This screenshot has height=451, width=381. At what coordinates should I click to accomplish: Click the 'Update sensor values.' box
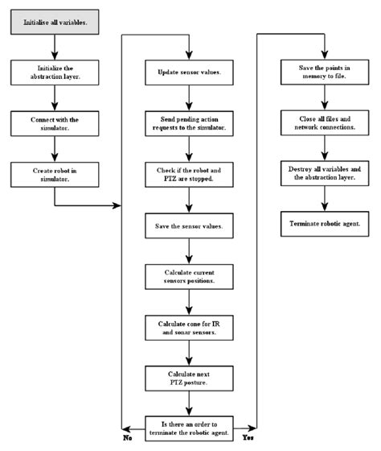tap(189, 74)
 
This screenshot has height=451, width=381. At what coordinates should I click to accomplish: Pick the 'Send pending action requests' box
tap(189, 123)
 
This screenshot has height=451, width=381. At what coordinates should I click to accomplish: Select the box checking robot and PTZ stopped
tap(189, 175)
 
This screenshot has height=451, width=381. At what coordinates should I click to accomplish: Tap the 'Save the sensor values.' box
tap(189, 226)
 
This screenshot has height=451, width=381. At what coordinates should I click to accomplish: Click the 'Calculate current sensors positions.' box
tap(189, 277)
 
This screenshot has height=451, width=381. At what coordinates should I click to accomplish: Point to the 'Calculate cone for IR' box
tap(189, 328)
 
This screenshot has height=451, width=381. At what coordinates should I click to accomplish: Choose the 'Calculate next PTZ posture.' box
tap(189, 379)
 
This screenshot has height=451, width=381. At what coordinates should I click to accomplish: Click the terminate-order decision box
tap(189, 426)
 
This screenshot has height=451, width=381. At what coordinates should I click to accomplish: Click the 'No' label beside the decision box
tap(127, 439)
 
